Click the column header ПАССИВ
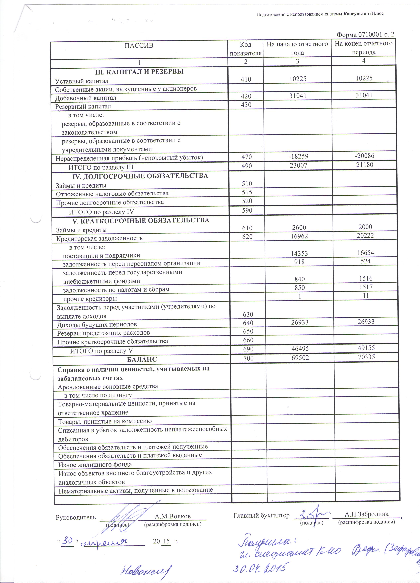click(139, 46)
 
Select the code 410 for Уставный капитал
click(246, 79)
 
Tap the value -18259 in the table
click(298, 156)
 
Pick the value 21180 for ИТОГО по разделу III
click(365, 165)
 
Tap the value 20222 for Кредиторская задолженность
click(365, 235)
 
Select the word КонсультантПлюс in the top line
click(363, 14)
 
